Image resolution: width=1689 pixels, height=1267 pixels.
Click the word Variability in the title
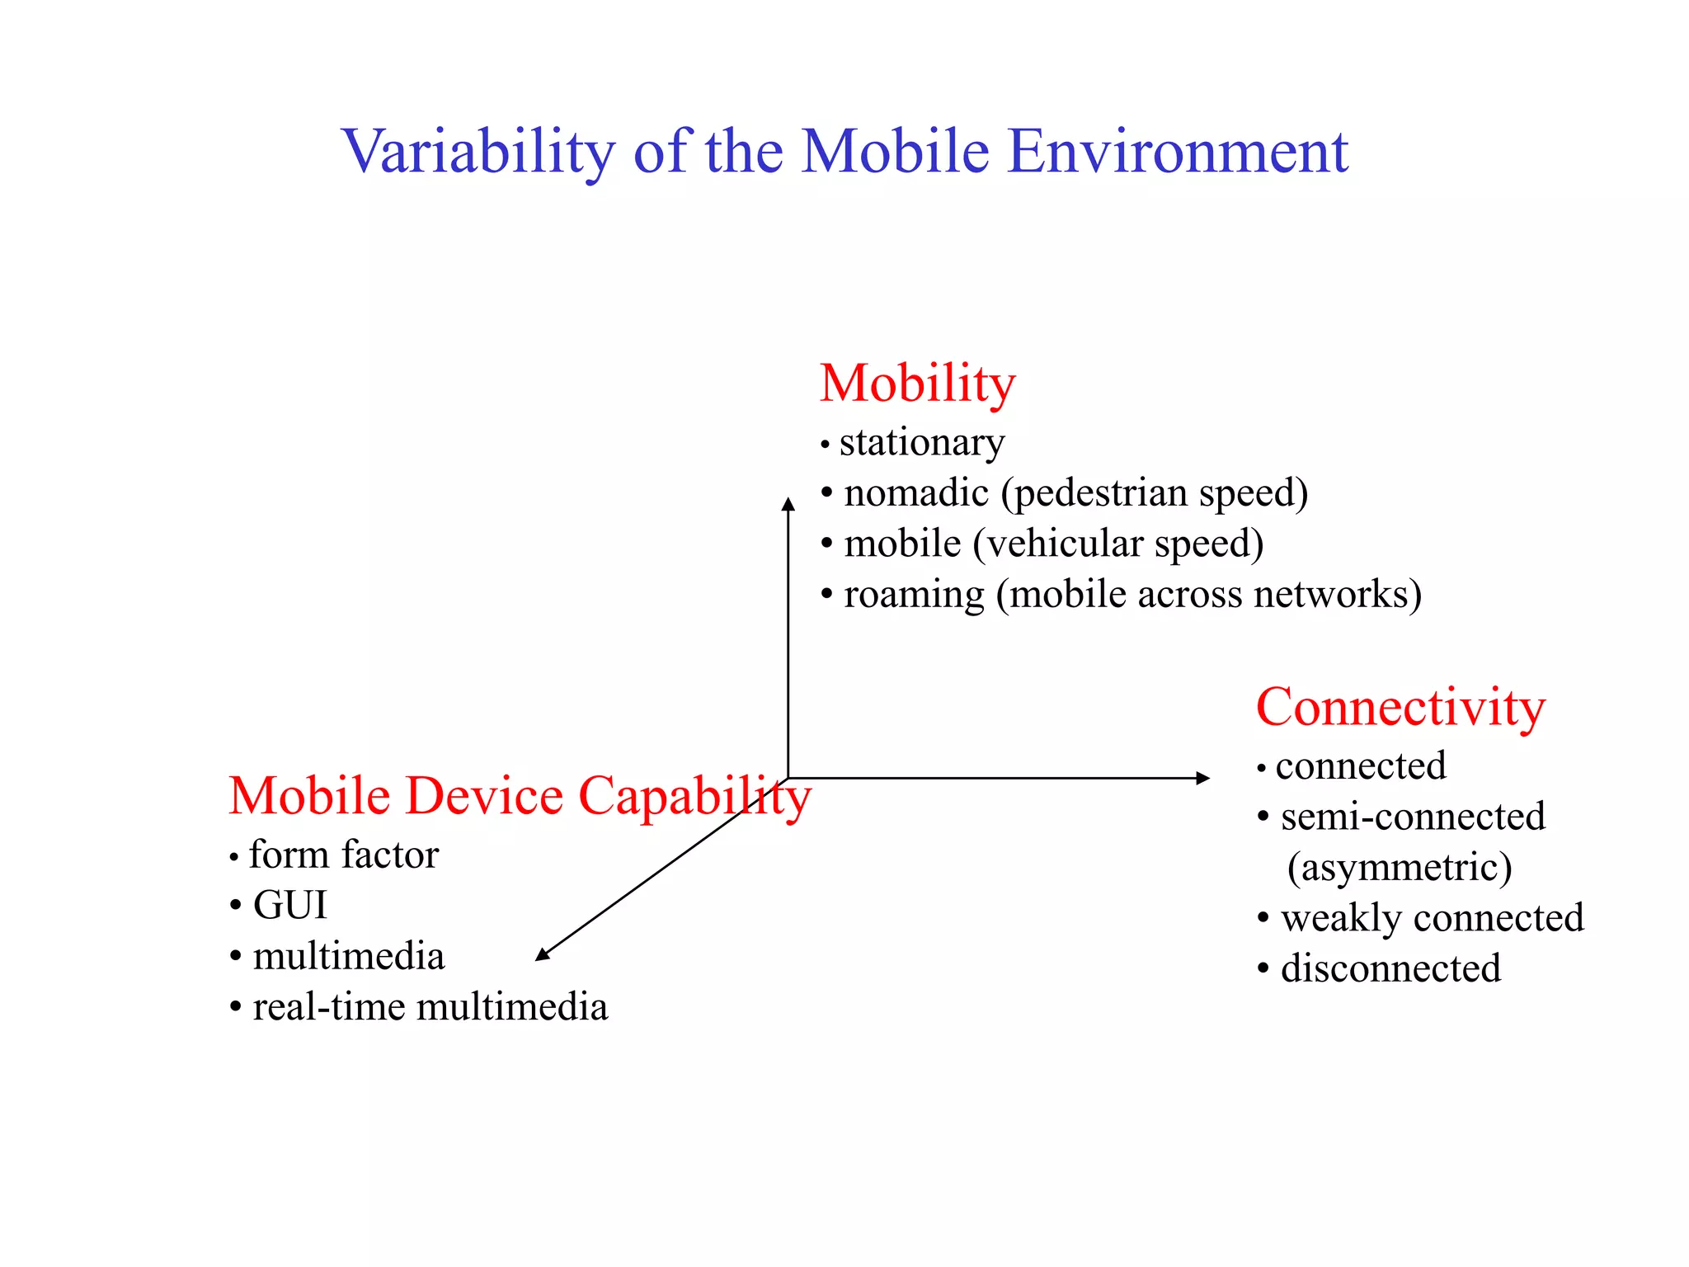click(478, 152)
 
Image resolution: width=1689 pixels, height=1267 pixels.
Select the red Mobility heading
click(917, 384)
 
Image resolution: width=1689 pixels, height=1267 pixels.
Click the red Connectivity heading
click(1400, 708)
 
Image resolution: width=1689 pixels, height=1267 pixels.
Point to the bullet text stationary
click(921, 443)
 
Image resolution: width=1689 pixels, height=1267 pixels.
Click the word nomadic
click(915, 493)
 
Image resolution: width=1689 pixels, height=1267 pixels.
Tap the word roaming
click(914, 596)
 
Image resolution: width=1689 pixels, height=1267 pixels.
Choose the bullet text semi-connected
click(1412, 817)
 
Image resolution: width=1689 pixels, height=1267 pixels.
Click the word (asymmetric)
click(1399, 868)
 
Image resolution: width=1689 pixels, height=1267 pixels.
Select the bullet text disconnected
click(1390, 969)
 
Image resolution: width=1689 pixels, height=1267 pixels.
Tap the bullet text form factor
click(343, 855)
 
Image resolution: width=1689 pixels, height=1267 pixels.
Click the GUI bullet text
click(289, 906)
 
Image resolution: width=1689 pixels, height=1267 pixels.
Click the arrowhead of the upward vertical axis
click(788, 503)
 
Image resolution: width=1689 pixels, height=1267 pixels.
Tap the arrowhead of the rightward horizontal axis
click(1203, 778)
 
